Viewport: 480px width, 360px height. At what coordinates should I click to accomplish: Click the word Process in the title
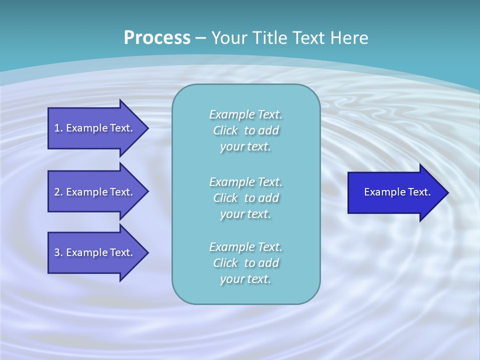(x=157, y=38)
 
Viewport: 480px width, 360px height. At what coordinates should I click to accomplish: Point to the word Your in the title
(x=228, y=38)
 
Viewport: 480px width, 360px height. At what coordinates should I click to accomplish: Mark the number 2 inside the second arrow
(x=57, y=192)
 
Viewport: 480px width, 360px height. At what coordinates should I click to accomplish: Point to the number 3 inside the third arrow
(x=57, y=252)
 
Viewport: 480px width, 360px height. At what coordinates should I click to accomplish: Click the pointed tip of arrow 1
(x=147, y=128)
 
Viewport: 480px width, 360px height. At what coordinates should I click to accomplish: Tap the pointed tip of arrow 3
(x=147, y=252)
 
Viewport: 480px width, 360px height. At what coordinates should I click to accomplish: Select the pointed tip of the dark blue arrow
(x=447, y=192)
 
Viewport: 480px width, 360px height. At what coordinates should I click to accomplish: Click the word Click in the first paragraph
(x=225, y=130)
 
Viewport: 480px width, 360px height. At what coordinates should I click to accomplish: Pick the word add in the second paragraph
(x=268, y=198)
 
